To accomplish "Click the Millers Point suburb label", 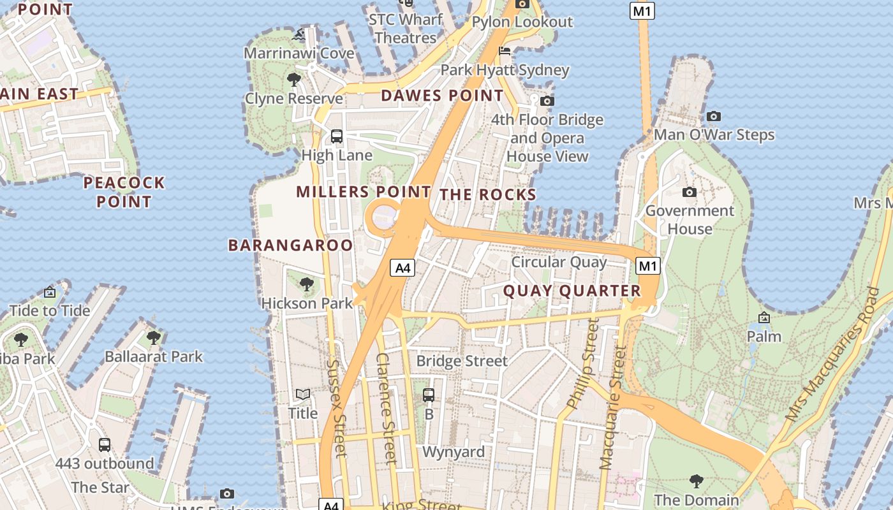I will [x=364, y=192].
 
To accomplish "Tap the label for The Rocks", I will [x=488, y=195].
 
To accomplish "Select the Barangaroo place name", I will [x=290, y=245].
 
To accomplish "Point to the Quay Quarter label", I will [x=572, y=291].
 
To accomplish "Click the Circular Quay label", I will [x=559, y=262].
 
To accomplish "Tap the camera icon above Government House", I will [x=689, y=193].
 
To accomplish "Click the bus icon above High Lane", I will [x=336, y=136].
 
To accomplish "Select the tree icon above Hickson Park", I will [x=307, y=284].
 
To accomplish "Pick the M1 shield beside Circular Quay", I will [x=648, y=266].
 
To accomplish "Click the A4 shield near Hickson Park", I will [x=402, y=268].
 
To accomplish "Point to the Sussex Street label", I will [x=336, y=408].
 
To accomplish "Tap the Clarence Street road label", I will [x=387, y=408].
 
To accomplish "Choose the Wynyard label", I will [x=454, y=452].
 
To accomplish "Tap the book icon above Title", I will [x=302, y=395].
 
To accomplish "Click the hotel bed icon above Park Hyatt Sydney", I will [x=505, y=52].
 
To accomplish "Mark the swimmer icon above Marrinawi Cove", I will [x=299, y=34].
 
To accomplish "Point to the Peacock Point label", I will [x=124, y=193].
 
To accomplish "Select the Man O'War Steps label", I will [x=714, y=135].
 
